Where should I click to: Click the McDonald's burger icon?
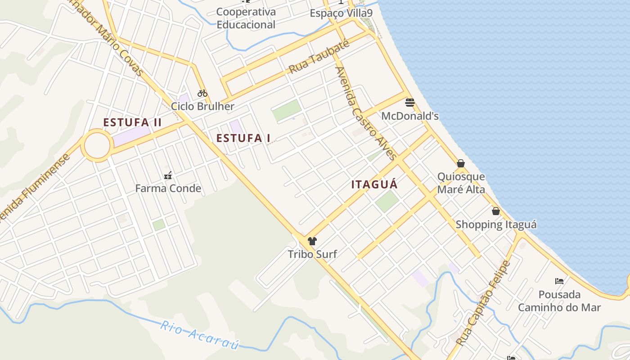click(x=409, y=103)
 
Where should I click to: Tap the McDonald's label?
click(x=409, y=116)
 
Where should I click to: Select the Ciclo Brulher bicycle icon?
click(x=202, y=93)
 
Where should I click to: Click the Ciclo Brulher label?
click(x=202, y=107)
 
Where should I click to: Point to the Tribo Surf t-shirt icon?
click(x=312, y=241)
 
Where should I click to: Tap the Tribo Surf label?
click(x=312, y=254)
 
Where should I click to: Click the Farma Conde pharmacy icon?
click(x=168, y=175)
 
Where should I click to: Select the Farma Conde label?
click(x=168, y=189)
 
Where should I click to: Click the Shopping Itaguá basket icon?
click(x=496, y=211)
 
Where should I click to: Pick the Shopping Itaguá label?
click(x=496, y=225)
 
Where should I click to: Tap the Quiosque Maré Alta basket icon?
click(x=461, y=163)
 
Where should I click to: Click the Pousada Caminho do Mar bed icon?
click(x=559, y=281)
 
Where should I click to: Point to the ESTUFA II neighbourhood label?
click(x=132, y=122)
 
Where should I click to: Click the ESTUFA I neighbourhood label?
click(x=243, y=138)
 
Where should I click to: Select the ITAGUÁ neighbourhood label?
click(x=374, y=184)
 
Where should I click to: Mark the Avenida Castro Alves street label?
click(x=366, y=113)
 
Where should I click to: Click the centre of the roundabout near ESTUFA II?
click(x=97, y=145)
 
